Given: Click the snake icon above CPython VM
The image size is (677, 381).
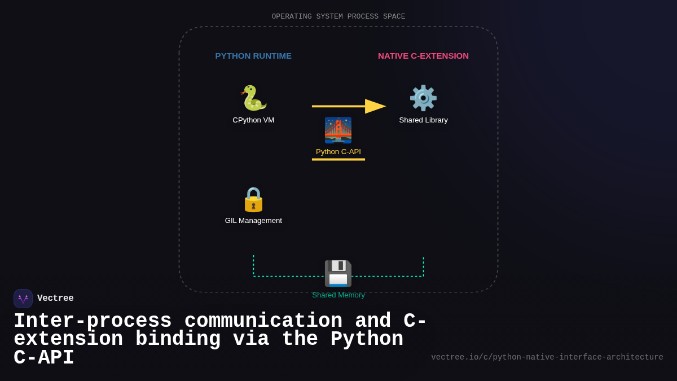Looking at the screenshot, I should point(253,98).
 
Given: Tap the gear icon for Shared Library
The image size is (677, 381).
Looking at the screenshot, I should point(423,98).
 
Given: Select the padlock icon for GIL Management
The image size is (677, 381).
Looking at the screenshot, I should point(253,199).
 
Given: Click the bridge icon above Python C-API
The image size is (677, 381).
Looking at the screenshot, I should point(338,130).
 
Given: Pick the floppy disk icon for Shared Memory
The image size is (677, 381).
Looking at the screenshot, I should point(338,273).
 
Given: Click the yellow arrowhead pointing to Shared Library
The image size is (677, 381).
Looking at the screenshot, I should point(375,106).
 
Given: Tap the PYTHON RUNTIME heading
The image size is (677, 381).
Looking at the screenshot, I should point(253,56).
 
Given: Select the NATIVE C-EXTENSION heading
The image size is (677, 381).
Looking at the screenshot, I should point(423,56).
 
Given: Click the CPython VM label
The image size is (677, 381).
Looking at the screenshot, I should point(253,120).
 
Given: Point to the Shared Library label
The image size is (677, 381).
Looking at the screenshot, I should point(423,120).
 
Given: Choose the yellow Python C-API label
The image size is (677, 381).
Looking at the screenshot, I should point(338,152).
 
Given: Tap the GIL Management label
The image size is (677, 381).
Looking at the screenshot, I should point(253,221).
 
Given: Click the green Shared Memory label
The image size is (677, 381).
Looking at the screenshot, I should point(338,295).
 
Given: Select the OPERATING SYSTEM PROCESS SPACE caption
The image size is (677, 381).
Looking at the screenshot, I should point(338,17).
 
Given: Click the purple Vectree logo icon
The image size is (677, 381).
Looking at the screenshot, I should point(23,299).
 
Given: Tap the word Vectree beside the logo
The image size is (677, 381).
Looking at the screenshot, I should point(55,299).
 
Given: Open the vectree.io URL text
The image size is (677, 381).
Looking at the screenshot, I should point(547,357).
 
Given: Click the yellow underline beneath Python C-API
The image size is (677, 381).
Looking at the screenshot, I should point(338,160).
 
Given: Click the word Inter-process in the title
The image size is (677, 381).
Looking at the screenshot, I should point(93,321).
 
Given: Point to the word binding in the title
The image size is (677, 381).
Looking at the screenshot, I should point(178,339).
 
